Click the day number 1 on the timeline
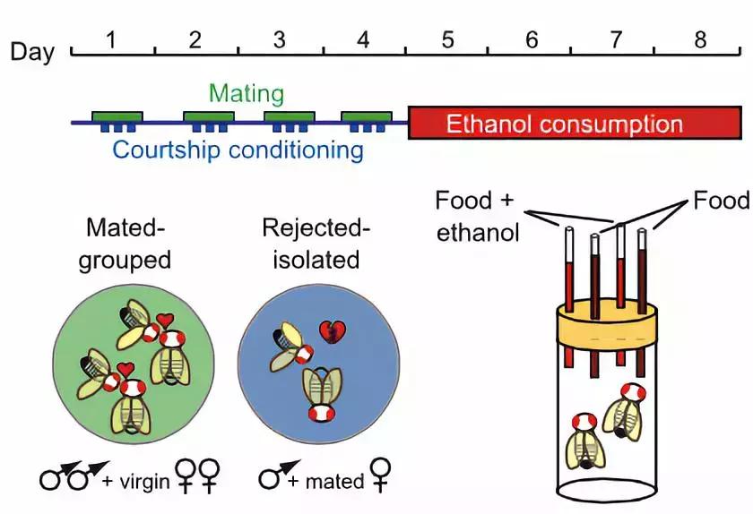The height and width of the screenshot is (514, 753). click(111, 39)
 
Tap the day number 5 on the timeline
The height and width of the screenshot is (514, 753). click(447, 39)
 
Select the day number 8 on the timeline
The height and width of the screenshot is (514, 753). click(700, 39)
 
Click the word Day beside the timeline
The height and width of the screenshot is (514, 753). click(32, 51)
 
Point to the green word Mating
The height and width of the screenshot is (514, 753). click(247, 93)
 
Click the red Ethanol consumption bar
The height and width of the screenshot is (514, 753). click(574, 123)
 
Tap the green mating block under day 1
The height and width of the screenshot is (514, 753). click(117, 117)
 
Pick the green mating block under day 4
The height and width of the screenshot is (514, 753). click(367, 117)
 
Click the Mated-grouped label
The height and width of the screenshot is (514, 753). click(125, 244)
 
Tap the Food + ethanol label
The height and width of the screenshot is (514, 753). click(477, 216)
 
